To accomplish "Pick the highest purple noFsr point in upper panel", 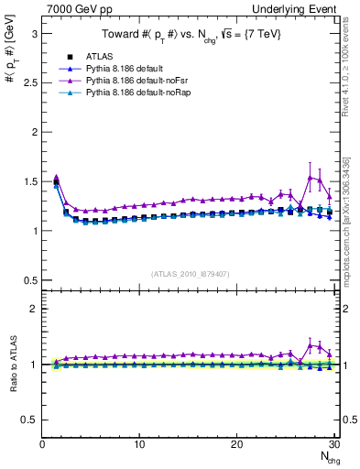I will point(310,177).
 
